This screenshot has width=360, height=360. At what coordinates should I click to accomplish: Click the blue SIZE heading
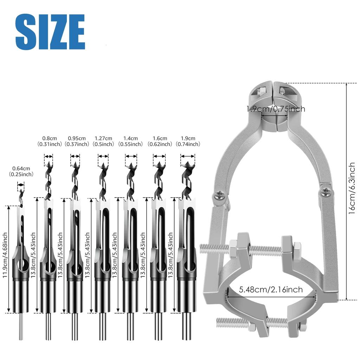tap(50, 32)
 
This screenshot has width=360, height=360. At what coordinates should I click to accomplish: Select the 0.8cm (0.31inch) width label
tap(49, 141)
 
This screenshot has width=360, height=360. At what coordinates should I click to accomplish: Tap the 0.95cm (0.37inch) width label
tap(77, 141)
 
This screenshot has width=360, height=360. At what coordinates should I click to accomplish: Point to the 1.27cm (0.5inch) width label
tap(103, 141)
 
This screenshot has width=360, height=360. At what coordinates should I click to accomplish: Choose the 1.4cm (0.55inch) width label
tap(130, 141)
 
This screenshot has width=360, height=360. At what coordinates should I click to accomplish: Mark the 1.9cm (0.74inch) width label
tap(188, 141)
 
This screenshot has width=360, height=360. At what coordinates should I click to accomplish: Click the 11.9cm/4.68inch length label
tap(5, 259)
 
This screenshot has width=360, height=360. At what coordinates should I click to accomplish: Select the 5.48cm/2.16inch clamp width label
tap(271, 290)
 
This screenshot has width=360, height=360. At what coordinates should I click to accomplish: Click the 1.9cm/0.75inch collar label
tap(276, 109)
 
